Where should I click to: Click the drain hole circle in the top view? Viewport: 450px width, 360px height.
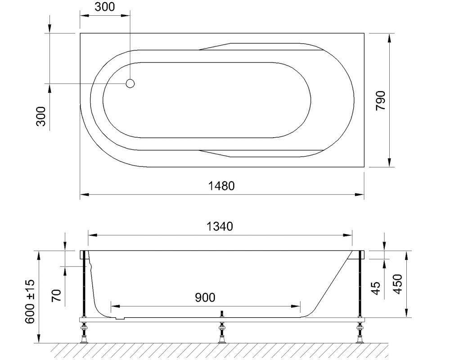point(130,84)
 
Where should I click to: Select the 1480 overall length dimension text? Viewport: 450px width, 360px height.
point(222,186)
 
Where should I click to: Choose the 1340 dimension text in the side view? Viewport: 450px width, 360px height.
point(220,226)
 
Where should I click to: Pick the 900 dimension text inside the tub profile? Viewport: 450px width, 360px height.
point(205,297)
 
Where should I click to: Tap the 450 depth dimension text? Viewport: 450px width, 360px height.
point(398,284)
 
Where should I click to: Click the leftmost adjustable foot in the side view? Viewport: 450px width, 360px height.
point(84,335)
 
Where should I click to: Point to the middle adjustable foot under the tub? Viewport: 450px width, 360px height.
point(221,335)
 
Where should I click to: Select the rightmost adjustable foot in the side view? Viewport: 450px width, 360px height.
point(360,335)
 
